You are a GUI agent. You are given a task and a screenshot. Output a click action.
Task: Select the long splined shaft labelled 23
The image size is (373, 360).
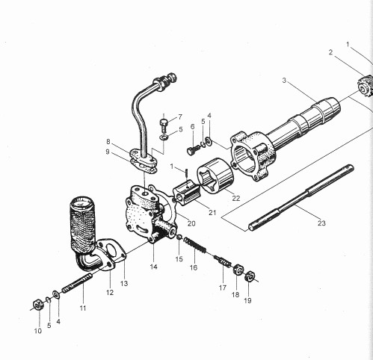[x=299, y=197]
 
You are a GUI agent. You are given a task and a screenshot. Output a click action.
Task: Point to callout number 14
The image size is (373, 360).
[x=152, y=267]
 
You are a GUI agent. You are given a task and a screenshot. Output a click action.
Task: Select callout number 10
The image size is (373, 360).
[x=37, y=330]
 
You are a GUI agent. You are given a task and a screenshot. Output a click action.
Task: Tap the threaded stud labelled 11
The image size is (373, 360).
[x=74, y=287]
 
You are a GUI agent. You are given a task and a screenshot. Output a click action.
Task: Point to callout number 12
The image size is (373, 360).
[x=110, y=292]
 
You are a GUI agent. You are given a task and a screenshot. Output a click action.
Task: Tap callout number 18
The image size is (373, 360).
[x=237, y=295]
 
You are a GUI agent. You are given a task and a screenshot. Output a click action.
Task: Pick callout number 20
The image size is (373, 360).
[x=191, y=223]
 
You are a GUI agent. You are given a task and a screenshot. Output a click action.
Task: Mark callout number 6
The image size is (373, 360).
[x=191, y=126]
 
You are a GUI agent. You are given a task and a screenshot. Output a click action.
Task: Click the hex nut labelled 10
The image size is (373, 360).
[x=36, y=303]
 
